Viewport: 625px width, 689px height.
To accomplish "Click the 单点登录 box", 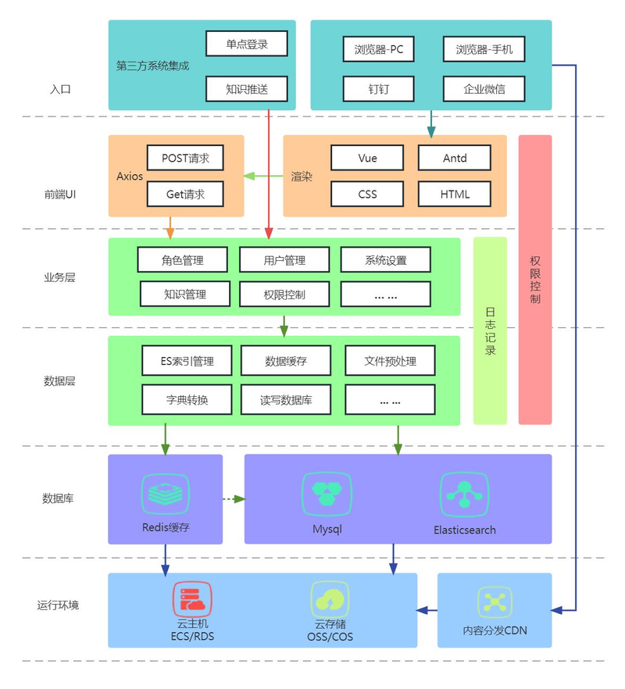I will click(x=247, y=45).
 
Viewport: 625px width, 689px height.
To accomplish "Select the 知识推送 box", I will click(x=247, y=89).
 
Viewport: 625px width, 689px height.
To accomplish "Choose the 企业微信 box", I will click(x=484, y=89).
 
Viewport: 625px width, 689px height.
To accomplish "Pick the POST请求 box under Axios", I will click(x=185, y=158).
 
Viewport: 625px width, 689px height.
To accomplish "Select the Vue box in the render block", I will click(x=367, y=158).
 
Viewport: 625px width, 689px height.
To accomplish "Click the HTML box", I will click(x=455, y=194).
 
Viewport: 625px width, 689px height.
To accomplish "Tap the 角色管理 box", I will click(x=183, y=260).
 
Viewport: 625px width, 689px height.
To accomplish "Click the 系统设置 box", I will click(x=385, y=260).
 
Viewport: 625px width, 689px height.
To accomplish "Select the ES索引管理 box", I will click(x=187, y=361).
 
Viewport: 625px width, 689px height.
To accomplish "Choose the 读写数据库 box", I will click(x=286, y=400).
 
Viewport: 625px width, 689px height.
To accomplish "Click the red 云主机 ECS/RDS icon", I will click(x=192, y=600).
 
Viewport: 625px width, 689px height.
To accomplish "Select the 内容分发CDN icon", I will click(x=495, y=602).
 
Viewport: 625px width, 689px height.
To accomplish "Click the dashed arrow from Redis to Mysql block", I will click(x=234, y=498).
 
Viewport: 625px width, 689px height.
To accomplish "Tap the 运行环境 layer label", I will click(x=58, y=605).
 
